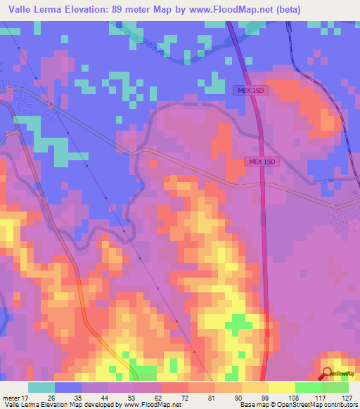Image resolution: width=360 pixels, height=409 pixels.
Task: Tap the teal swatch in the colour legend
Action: pyautogui.click(x=41, y=387)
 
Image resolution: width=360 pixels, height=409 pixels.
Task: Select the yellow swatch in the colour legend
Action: pyautogui.click(x=282, y=387)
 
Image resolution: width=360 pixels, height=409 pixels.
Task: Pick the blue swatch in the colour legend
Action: pyautogui.click(x=68, y=387)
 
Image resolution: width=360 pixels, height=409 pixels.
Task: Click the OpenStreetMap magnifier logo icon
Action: pyautogui.click(x=328, y=374)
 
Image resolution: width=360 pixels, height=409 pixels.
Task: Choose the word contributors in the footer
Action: pyautogui.click(x=337, y=405)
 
